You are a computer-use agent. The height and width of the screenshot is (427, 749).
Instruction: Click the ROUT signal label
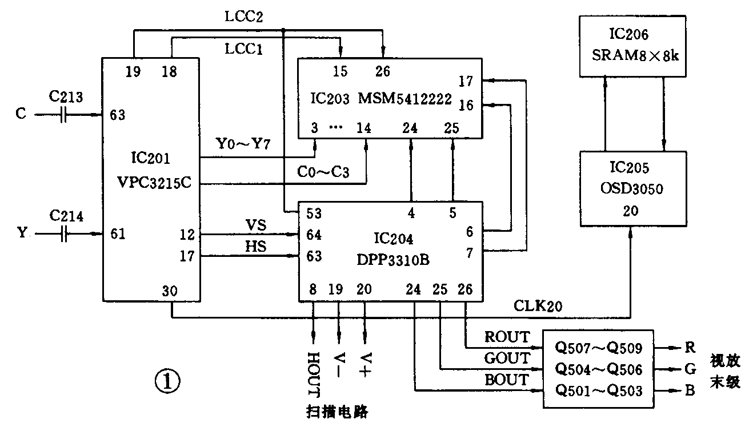click(x=506, y=337)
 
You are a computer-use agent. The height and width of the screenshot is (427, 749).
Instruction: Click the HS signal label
click(x=255, y=246)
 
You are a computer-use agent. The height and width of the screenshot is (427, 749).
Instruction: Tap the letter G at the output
click(x=690, y=369)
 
